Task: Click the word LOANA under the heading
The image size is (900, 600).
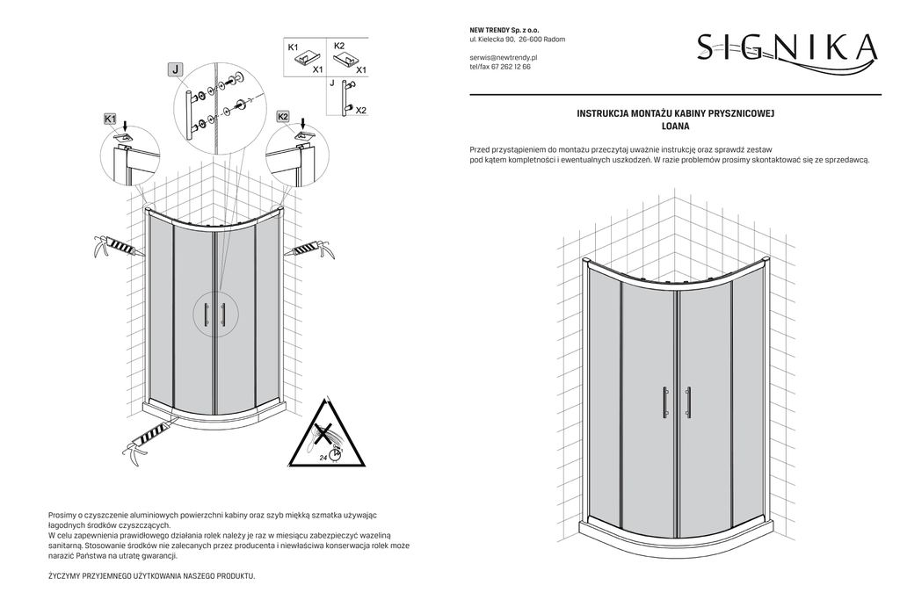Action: pos(675,127)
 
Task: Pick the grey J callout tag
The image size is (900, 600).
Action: pos(176,69)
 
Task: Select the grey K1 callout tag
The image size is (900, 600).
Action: pos(110,117)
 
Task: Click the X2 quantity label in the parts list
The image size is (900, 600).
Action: pos(360,110)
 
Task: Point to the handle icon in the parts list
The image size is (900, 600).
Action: pos(347,97)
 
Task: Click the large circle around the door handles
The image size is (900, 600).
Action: pos(214,314)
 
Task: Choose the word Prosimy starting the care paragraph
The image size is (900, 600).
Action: pos(64,514)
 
